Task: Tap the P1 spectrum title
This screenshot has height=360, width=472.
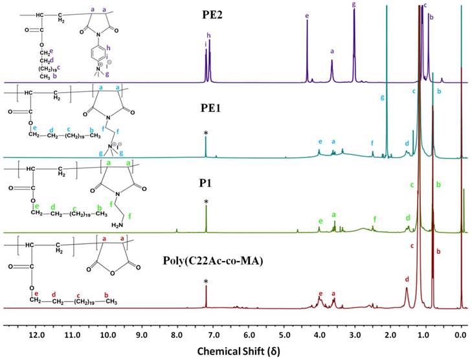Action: coord(207,184)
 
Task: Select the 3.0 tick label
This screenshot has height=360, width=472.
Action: coord(355,336)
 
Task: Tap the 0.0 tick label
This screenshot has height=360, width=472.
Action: coord(460,336)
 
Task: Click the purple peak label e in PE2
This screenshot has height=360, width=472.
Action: coord(307,14)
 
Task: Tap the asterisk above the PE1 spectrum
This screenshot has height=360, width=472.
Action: coord(206,133)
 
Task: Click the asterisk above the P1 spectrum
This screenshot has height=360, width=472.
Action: coord(206,203)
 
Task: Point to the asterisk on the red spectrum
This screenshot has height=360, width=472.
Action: coord(206,282)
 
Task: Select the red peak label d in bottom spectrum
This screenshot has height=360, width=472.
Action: coord(407,279)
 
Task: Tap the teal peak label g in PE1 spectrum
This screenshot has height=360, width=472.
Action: coord(383,97)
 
